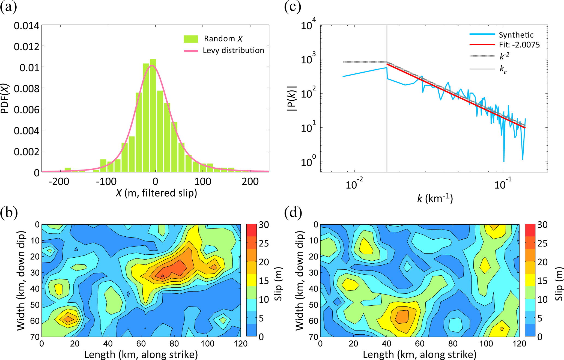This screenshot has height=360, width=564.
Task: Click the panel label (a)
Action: point(8,7)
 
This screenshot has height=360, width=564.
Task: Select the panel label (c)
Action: point(293,7)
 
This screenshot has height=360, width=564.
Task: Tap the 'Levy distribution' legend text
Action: point(233,50)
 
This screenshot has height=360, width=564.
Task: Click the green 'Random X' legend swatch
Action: point(191,39)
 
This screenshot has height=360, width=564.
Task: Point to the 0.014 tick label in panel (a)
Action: point(26,26)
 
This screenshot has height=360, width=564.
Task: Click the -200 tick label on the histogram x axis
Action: point(59,182)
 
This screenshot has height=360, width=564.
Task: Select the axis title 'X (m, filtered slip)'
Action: point(156,193)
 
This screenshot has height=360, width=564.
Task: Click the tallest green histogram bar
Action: point(153,116)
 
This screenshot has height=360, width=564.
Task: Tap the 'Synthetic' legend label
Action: point(516,35)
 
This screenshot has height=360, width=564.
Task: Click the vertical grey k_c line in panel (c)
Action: point(387,109)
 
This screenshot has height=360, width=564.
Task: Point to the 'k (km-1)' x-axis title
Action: point(435,198)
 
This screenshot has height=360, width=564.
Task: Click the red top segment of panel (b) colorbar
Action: point(251,230)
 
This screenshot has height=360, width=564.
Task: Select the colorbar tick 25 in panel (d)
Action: point(542,243)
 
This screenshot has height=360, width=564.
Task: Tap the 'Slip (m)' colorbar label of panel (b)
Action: point(278,284)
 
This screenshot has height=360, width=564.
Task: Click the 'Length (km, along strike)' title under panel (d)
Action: point(419,355)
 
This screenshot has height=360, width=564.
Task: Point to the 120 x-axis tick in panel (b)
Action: point(240,343)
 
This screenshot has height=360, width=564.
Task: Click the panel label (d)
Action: point(293,213)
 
